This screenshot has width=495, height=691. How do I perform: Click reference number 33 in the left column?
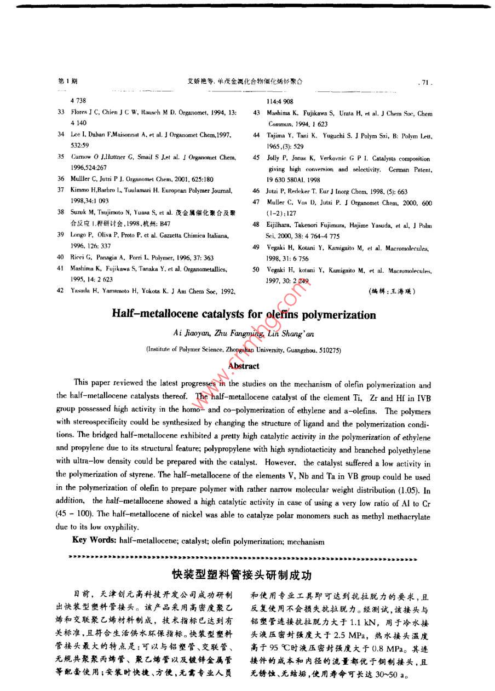click(61, 112)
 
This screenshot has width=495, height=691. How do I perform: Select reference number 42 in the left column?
click(61, 291)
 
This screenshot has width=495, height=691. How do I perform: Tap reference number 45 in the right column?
click(256, 158)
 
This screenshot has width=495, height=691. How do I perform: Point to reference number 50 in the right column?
click(256, 270)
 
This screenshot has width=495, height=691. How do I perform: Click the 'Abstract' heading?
click(244, 366)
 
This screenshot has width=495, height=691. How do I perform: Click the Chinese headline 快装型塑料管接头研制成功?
click(241, 575)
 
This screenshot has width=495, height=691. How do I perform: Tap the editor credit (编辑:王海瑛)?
click(392, 291)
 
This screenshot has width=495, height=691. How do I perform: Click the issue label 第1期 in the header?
click(67, 82)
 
